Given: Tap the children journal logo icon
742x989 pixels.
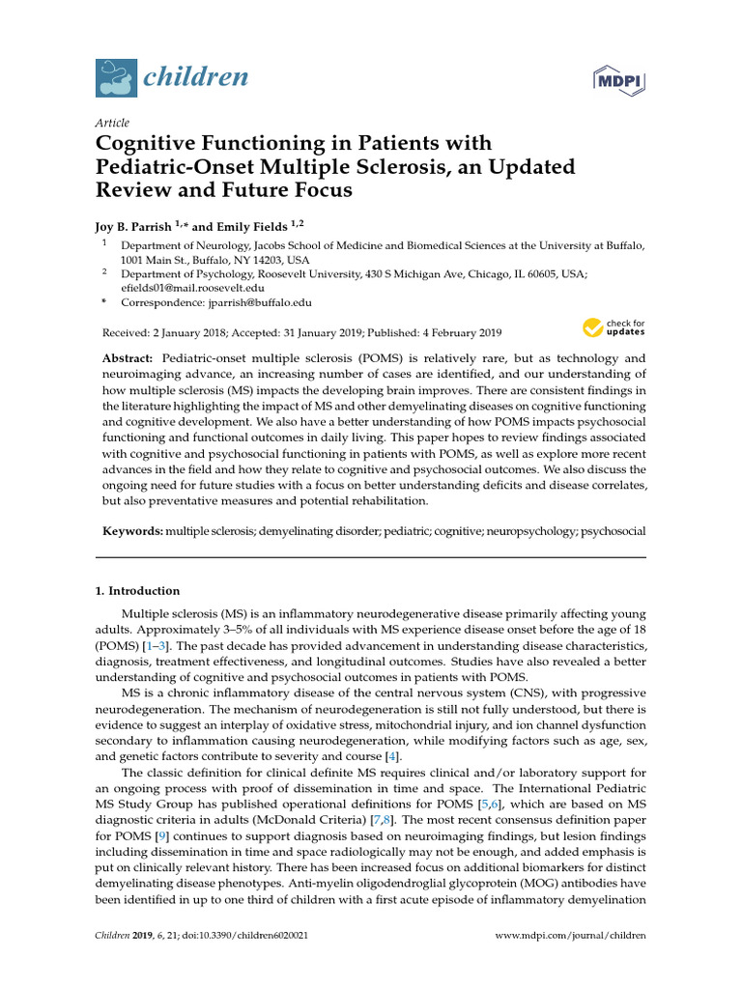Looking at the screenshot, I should tap(116, 78).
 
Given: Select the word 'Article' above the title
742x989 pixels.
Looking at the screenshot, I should tap(112, 123).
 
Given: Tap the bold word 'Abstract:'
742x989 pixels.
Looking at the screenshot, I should tap(130, 358).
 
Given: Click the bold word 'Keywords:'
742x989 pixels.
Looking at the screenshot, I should tap(133, 531).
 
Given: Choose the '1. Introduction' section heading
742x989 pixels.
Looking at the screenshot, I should tap(137, 590).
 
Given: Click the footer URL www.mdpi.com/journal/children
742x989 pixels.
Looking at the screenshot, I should tap(570, 936).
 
